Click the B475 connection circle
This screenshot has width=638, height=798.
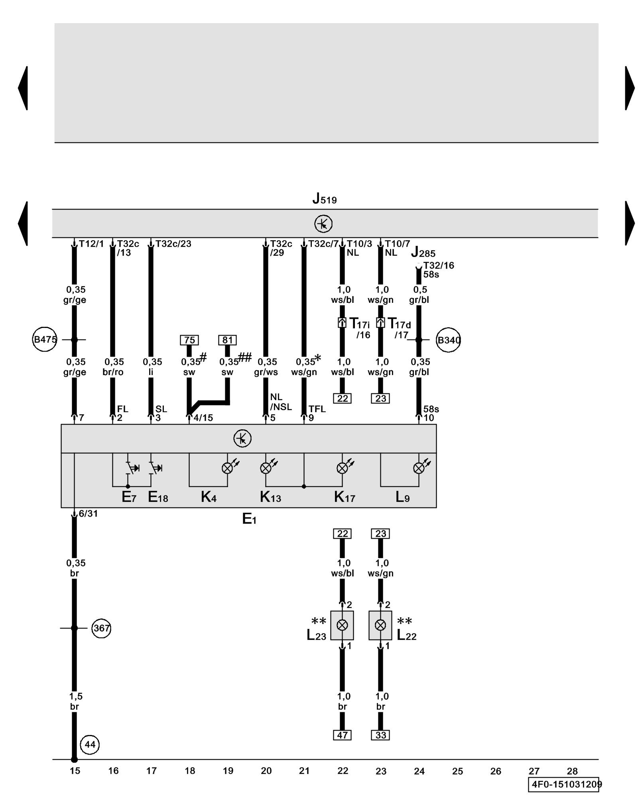pos(45,340)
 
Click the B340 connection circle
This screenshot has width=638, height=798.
pos(449,340)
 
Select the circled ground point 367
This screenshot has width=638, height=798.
pos(101,628)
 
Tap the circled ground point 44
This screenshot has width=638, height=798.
pos(90,745)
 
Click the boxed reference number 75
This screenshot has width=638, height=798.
pos(189,340)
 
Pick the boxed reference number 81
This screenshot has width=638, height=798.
pos(227,340)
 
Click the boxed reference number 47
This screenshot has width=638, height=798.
pos(343,735)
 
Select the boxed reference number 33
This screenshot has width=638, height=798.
pos(381,735)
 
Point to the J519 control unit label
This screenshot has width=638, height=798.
pos(325,198)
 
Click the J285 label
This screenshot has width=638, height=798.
pos(423,252)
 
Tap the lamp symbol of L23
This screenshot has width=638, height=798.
pos(342,625)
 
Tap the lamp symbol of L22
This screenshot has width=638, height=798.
pos(380,625)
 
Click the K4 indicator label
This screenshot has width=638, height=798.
pos(209,497)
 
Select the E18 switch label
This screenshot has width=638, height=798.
pos(158,497)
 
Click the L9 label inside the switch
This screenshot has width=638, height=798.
pos(402,497)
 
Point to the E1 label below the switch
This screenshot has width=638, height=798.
pos(249,519)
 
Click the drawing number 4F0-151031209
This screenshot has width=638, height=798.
pos(565,784)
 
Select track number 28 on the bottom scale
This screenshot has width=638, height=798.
pos(572,771)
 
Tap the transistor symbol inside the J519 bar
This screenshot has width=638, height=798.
pos(323,224)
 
